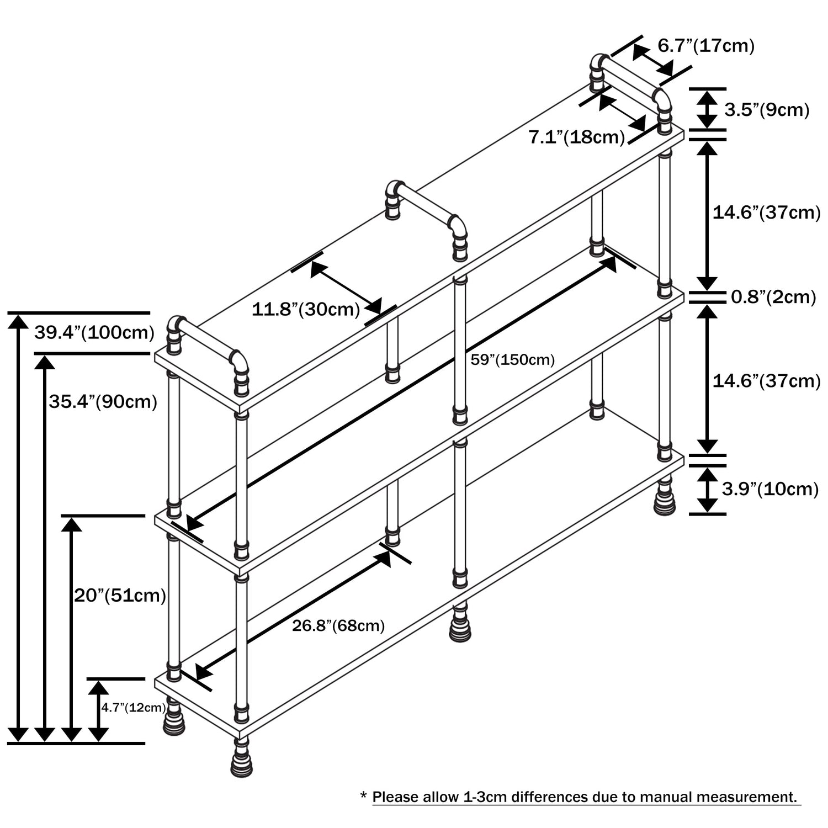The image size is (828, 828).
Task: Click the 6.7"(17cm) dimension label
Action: (x=705, y=45)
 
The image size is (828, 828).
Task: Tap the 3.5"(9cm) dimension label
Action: (x=767, y=110)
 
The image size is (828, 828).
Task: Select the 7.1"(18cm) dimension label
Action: (x=577, y=137)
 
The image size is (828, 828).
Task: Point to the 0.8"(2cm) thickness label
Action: (x=773, y=297)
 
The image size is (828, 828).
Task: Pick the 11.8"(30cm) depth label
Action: (x=306, y=309)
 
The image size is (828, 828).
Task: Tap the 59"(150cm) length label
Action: (x=512, y=360)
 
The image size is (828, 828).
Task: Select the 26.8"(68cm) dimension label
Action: (x=338, y=625)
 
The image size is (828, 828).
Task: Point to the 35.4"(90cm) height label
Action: (x=103, y=401)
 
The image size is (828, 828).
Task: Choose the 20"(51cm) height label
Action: (x=120, y=595)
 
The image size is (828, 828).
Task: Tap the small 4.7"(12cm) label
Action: (x=133, y=708)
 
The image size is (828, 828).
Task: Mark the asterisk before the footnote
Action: (x=363, y=797)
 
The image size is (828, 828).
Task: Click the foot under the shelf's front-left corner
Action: (x=242, y=761)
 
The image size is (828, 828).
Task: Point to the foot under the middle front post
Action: (x=460, y=624)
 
